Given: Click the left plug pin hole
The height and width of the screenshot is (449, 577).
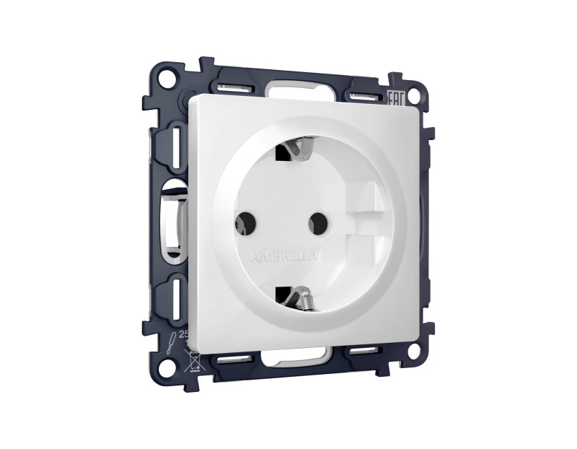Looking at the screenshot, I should pos(245,222).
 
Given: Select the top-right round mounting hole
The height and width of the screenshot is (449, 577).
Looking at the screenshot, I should pos(413,96).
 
